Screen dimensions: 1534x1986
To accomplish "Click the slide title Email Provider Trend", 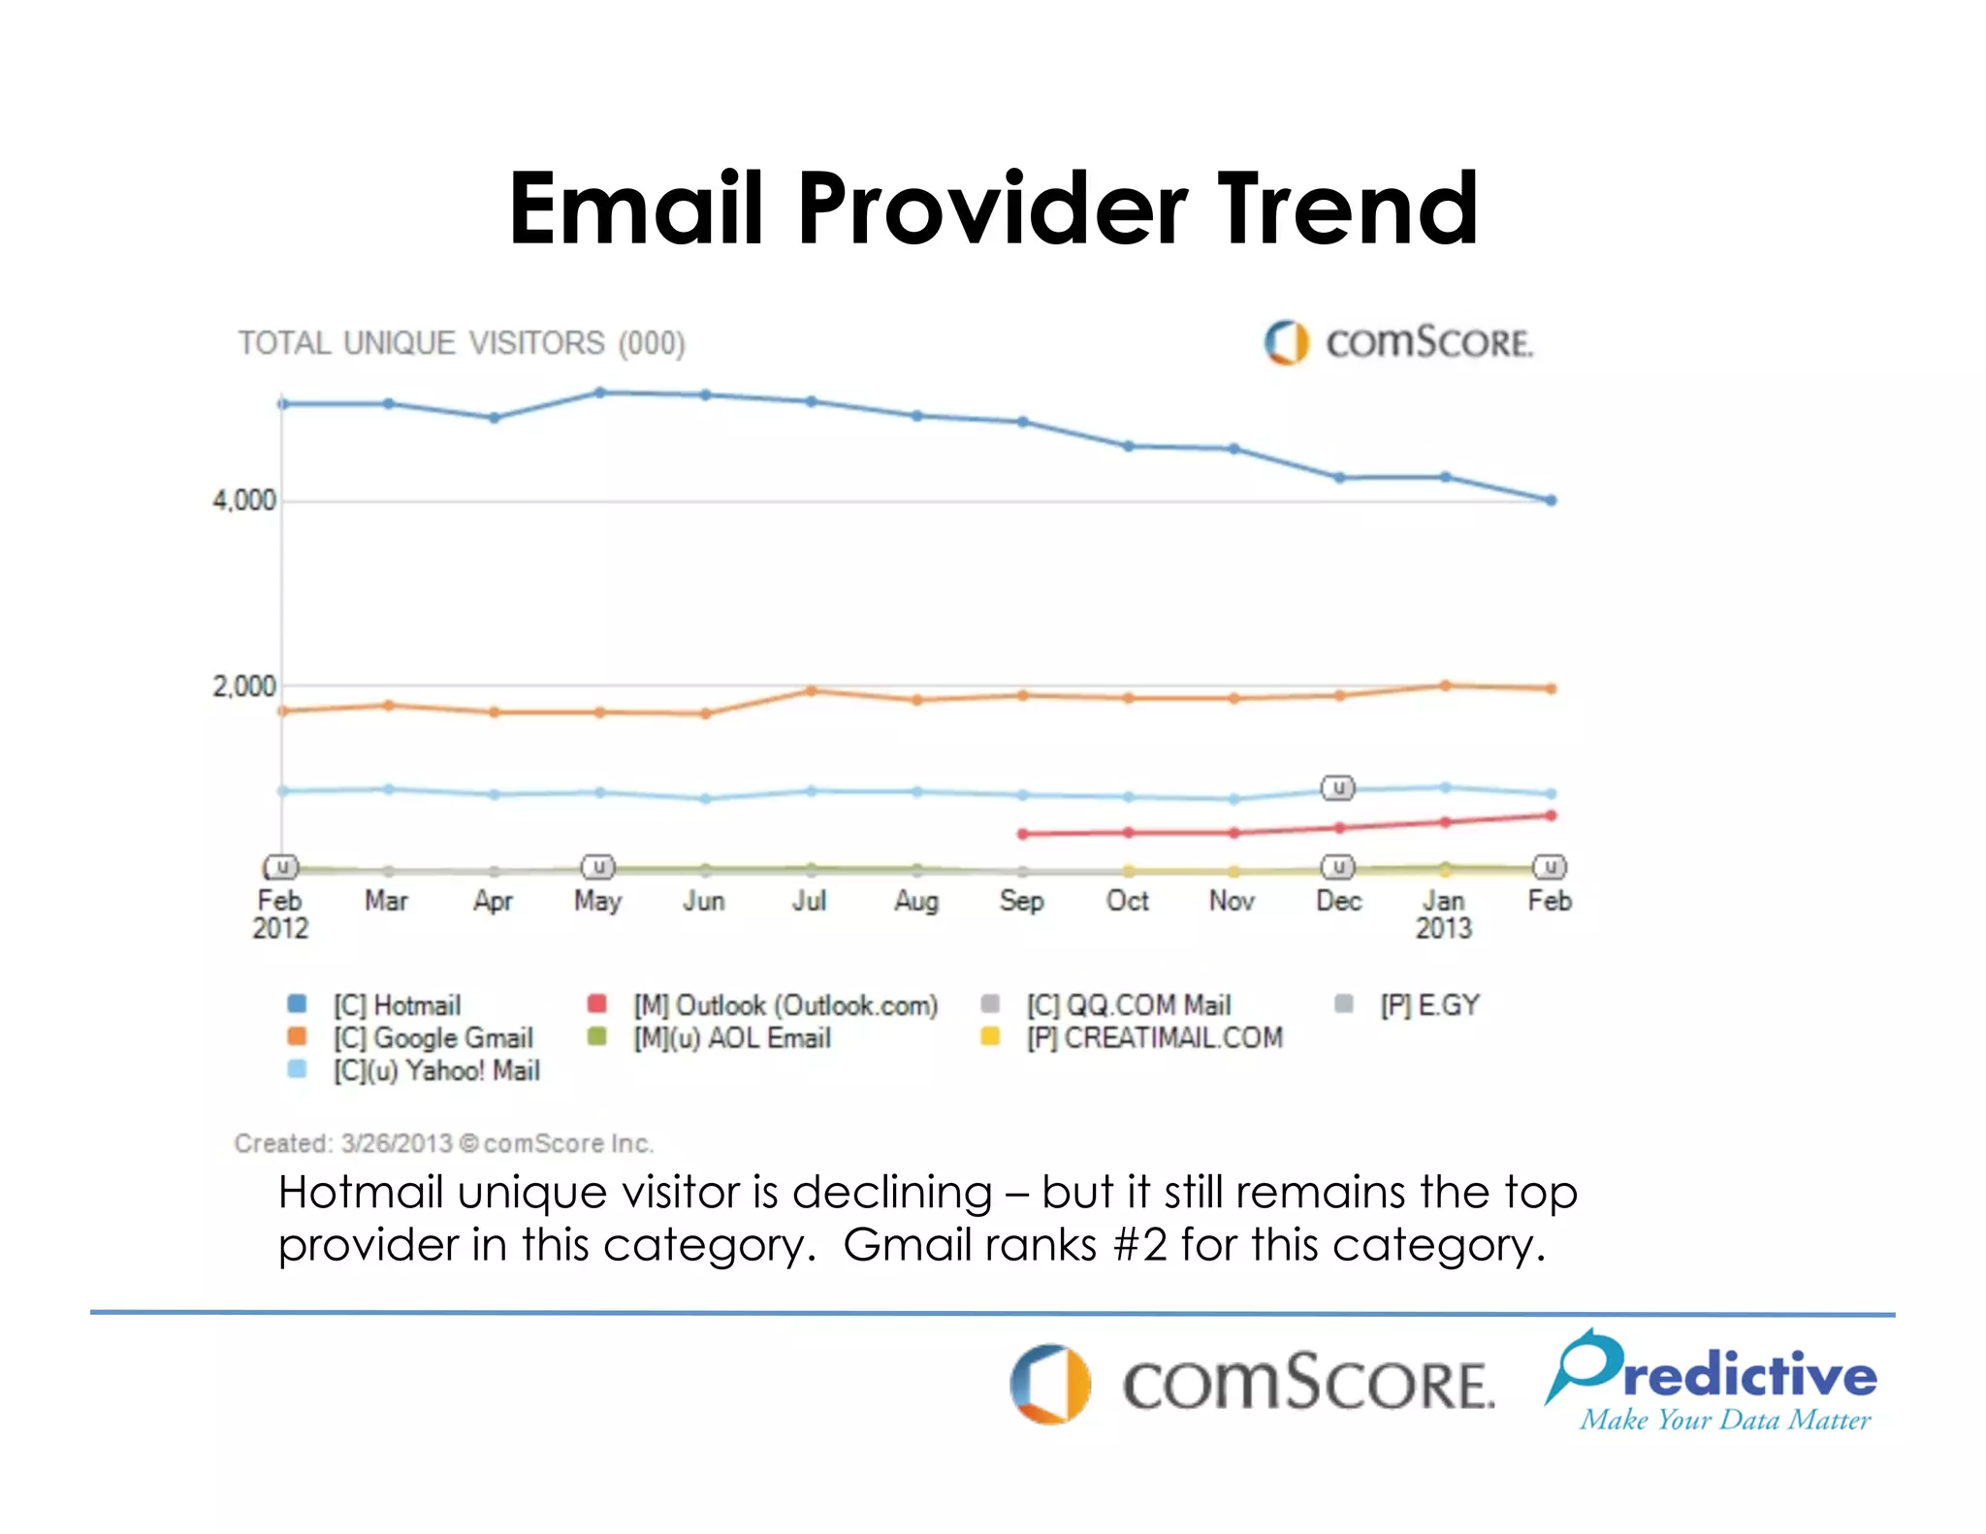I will coord(993,208).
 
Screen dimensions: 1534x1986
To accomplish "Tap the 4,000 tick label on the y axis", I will coord(244,501).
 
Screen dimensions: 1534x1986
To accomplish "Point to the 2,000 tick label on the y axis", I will coord(244,687).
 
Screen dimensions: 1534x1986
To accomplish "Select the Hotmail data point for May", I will coord(599,393).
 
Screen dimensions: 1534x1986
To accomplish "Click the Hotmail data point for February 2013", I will coord(1552,500).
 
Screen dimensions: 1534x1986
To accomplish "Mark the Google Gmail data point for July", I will coord(812,690).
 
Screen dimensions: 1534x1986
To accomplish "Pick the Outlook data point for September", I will coord(1023,834).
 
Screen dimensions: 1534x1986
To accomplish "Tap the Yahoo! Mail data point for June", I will coord(706,799).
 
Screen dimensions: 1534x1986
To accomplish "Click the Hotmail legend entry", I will coord(397,1006).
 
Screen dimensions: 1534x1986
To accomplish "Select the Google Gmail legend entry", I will coord(433,1039).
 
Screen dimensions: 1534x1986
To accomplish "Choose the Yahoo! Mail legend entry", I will coord(436,1071).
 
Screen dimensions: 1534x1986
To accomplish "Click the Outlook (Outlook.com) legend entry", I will coord(785,1006).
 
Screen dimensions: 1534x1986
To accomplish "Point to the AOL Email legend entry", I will coord(732,1039).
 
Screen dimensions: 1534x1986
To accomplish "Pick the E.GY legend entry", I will coord(1429,1006).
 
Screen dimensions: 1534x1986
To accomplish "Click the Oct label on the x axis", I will coord(1128,902).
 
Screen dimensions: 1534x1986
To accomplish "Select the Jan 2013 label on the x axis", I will coord(1444,914).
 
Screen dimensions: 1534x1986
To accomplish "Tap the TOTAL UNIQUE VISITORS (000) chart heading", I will coord(462,343).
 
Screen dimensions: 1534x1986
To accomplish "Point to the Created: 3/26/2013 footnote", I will coord(444,1144).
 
